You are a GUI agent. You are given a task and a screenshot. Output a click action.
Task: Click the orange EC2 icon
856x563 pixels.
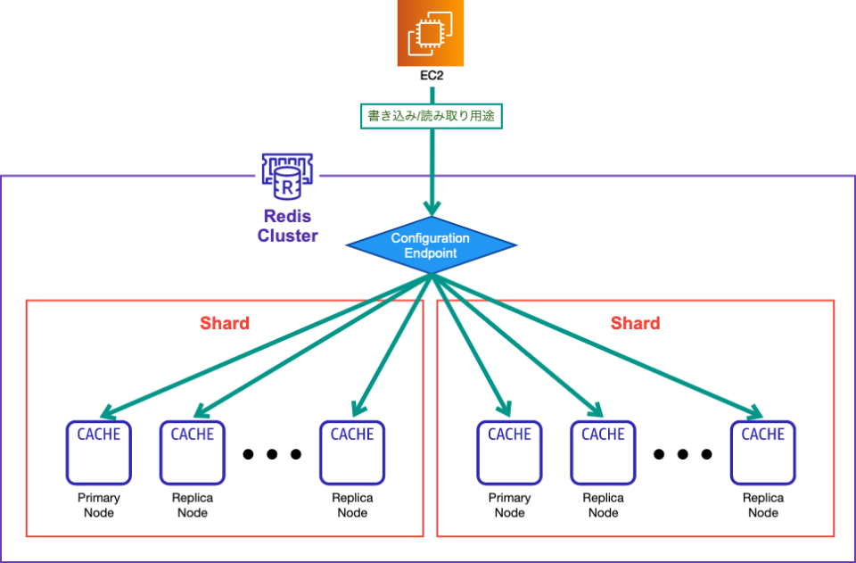[x=431, y=34]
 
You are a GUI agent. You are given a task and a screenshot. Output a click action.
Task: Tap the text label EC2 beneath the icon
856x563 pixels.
[x=432, y=77]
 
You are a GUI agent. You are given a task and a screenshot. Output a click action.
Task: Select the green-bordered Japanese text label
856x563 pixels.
[x=432, y=116]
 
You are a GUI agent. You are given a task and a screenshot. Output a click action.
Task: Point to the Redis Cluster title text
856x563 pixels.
[x=287, y=226]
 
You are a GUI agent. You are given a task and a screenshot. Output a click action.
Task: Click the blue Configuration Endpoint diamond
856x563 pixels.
[x=431, y=246]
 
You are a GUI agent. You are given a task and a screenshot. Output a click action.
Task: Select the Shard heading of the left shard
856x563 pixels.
[x=224, y=323]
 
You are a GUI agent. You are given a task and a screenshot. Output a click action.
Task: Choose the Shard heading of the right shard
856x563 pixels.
[x=635, y=323]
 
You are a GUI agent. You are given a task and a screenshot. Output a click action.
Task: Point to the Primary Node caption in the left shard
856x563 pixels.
[x=99, y=505]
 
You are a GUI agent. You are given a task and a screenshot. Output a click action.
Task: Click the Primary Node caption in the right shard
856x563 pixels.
[x=510, y=505]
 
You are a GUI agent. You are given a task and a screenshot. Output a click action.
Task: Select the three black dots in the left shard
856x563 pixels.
[x=272, y=454]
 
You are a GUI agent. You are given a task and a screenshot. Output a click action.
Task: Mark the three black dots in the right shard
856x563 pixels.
[x=683, y=454]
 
